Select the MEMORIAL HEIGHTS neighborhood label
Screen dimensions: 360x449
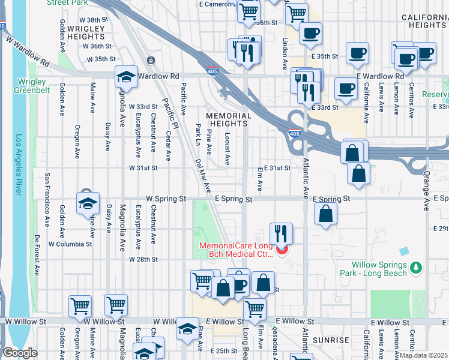(x=229, y=119)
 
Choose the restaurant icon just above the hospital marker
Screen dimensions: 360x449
(x=281, y=232)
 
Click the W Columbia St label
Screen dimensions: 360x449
(x=70, y=244)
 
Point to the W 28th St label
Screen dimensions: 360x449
(x=143, y=259)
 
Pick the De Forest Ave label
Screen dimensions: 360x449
(x=37, y=255)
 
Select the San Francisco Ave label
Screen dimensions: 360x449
(x=46, y=194)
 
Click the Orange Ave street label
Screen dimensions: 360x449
(x=427, y=191)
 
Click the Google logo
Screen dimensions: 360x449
(x=19, y=353)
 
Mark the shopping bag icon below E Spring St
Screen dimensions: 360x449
(x=325, y=214)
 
